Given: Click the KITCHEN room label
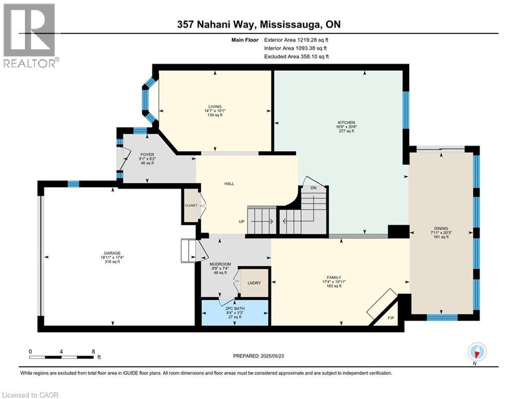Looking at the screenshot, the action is (346, 122).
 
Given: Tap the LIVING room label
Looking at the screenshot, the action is (215, 107).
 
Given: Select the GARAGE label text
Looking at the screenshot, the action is (112, 253).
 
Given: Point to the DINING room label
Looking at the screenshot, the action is (441, 228).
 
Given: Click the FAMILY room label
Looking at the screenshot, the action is (334, 277).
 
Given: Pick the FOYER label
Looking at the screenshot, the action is (147, 155).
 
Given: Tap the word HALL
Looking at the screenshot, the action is (229, 184).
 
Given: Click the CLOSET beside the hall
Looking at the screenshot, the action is (191, 205).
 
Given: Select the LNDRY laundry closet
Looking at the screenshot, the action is (254, 283).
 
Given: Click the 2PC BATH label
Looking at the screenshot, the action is (235, 309).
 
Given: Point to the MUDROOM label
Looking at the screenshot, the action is (220, 264).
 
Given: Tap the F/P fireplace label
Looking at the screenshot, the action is (391, 318).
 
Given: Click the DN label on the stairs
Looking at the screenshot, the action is (313, 188).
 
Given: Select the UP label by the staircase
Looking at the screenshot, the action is (242, 222).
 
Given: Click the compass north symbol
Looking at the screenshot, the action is (477, 352).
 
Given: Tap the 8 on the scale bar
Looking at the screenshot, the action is (94, 352).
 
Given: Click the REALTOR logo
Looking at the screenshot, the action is (30, 35).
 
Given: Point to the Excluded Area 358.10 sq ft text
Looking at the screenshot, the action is (296, 57).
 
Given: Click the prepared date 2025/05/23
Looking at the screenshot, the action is (272, 356).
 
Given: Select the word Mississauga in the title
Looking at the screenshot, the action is (290, 24).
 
